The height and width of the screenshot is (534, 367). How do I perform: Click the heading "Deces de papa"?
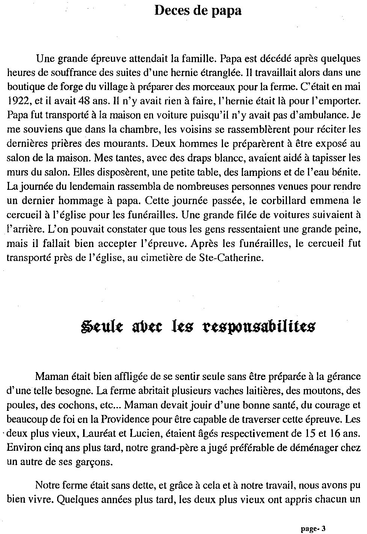[198, 11]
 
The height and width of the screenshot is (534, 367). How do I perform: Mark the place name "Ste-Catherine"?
[229, 258]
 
